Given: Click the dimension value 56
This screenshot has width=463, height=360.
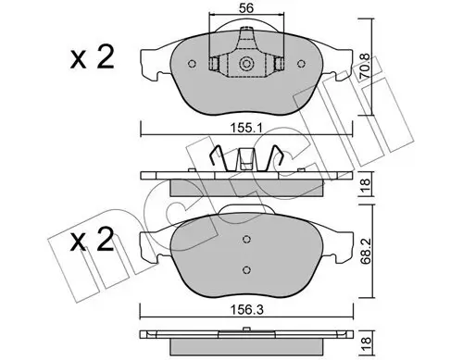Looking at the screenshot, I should click(244, 8).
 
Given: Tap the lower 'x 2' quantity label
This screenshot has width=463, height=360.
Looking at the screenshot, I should click(93, 244).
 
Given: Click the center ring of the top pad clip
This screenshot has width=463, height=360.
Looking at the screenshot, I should click(247, 65).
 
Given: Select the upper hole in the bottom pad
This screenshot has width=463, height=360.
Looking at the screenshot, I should click(246, 240).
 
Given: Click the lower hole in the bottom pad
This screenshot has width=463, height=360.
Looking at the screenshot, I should click(246, 269).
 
